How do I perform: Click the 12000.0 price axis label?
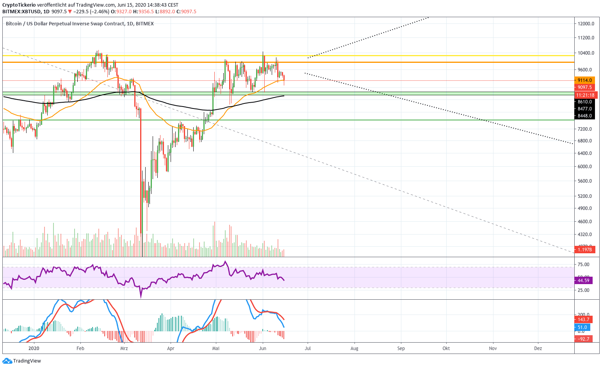[x=586, y=24]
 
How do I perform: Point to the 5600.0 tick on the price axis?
[x=585, y=181]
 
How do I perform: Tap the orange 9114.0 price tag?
[x=584, y=80]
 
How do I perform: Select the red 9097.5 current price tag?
[x=584, y=88]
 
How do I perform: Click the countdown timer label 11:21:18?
[x=584, y=95]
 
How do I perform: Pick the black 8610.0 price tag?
[x=584, y=102]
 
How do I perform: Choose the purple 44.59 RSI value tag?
[x=583, y=281]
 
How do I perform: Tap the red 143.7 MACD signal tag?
[x=583, y=320]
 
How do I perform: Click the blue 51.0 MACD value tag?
[x=582, y=328]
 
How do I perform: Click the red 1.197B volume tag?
[x=584, y=250]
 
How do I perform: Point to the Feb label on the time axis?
[x=80, y=348]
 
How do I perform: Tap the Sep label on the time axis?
[x=401, y=348]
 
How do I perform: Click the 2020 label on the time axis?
[x=34, y=348]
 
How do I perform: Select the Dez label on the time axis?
[x=538, y=348]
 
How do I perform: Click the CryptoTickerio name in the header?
[x=19, y=5]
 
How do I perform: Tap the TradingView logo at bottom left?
[x=22, y=361]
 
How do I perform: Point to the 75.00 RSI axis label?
[x=583, y=265]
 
